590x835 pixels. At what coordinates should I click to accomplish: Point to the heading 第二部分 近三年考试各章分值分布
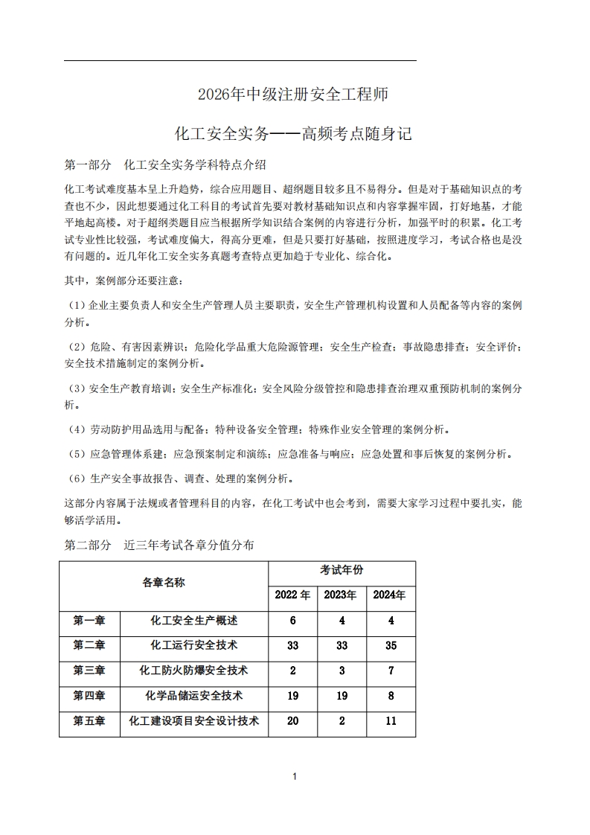pos(159,546)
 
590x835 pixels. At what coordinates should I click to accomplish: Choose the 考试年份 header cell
pos(342,571)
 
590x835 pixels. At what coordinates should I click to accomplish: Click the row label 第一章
pos(89,621)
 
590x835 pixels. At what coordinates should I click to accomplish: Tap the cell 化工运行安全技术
pos(193,645)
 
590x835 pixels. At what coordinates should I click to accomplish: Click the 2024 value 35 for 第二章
pos(391,646)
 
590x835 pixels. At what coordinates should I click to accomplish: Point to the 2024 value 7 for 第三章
pos(391,671)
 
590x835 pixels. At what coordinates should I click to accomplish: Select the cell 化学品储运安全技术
pos(193,696)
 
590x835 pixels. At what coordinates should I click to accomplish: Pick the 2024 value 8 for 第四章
pos(391,697)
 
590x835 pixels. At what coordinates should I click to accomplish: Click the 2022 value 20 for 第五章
pos(292,721)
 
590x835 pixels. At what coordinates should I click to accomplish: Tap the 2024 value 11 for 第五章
pos(391,721)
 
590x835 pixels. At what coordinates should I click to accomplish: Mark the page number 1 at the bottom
pos(295,777)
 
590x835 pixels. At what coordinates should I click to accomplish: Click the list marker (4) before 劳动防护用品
pos(77,430)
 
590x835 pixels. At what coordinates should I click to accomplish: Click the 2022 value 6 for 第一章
pos(292,621)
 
